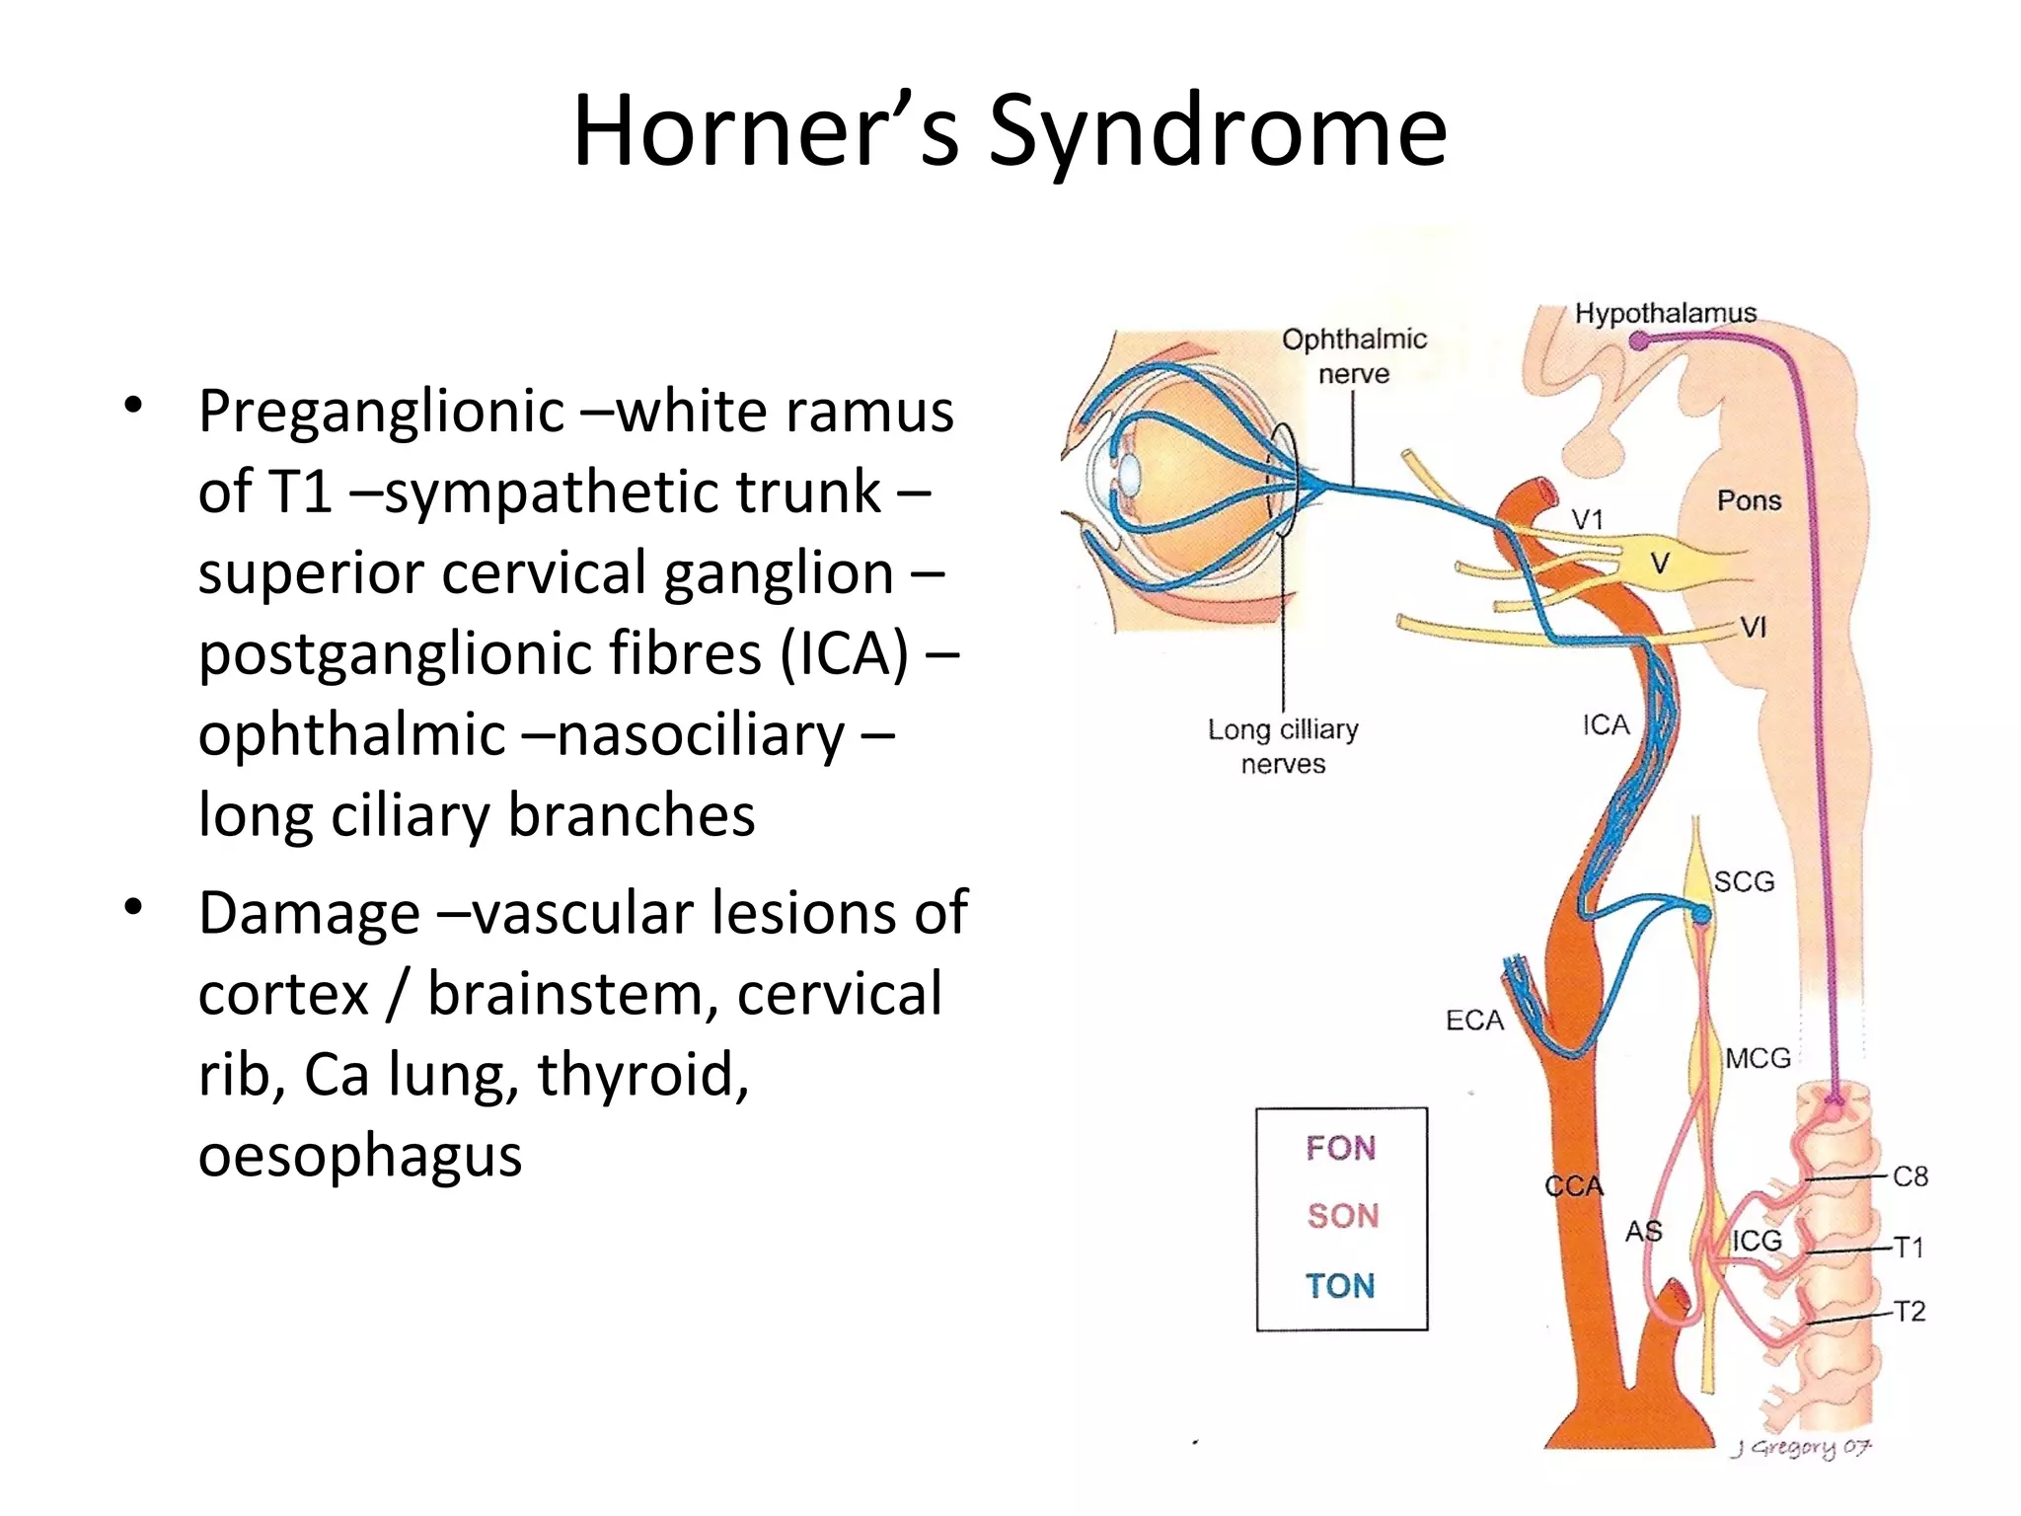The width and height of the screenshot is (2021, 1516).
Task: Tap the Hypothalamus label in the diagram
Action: (1665, 314)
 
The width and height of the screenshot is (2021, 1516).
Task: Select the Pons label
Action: (1749, 500)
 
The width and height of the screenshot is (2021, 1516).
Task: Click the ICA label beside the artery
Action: (1606, 725)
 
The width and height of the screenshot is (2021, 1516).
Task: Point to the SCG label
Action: (1744, 881)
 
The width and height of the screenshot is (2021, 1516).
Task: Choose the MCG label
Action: (1758, 1058)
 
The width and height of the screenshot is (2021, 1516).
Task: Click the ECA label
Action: (1474, 1021)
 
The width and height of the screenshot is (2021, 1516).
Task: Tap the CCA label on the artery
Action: (1574, 1185)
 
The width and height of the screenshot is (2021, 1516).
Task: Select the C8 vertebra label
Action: (1910, 1176)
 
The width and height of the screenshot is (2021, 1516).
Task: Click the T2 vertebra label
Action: (1910, 1312)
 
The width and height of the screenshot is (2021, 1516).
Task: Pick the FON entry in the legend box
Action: (1340, 1148)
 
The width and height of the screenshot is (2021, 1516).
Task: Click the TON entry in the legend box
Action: (1340, 1286)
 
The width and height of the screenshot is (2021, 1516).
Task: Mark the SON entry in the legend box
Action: (1342, 1216)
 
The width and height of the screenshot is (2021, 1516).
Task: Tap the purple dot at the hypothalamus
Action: (1638, 341)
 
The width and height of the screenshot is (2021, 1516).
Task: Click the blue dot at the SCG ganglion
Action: (1701, 917)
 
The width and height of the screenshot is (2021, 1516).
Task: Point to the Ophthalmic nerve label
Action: (1354, 356)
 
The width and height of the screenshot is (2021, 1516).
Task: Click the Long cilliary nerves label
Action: (1283, 746)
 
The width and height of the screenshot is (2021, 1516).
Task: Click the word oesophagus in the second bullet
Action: (359, 1155)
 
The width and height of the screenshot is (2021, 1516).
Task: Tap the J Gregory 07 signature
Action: (1801, 1448)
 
